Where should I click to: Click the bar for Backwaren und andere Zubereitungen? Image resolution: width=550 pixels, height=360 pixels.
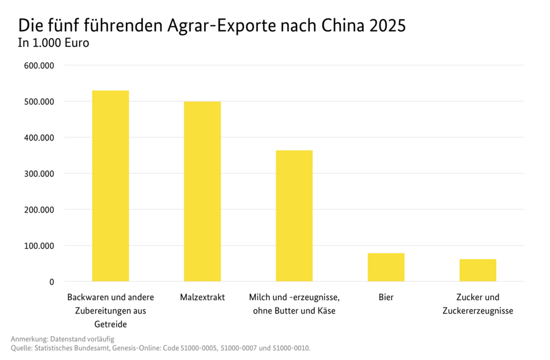(110, 186)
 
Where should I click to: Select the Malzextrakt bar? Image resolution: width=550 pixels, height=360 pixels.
(202, 191)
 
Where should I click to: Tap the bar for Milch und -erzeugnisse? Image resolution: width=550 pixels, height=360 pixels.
(294, 216)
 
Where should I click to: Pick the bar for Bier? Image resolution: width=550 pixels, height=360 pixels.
(386, 267)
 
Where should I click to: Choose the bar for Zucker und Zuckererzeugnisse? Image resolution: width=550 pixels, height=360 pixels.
(477, 270)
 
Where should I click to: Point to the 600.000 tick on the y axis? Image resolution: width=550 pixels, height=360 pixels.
(39, 65)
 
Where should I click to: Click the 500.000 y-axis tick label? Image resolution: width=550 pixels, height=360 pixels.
(39, 101)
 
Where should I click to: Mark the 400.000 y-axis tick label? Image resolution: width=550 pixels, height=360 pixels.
(39, 138)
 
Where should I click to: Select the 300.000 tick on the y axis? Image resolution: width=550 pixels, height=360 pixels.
(39, 174)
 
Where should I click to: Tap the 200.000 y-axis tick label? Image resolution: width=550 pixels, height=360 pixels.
(39, 210)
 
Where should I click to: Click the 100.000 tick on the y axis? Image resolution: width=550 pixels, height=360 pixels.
(39, 246)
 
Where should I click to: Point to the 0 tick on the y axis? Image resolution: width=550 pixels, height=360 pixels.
(52, 282)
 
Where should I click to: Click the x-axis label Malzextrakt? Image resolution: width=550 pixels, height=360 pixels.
(202, 298)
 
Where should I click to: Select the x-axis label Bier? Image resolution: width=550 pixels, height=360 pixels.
(386, 298)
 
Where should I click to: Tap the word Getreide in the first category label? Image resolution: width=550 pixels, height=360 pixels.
(110, 324)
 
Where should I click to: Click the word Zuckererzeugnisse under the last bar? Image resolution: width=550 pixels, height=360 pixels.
(477, 310)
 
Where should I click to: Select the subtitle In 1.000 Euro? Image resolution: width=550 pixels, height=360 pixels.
(54, 43)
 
